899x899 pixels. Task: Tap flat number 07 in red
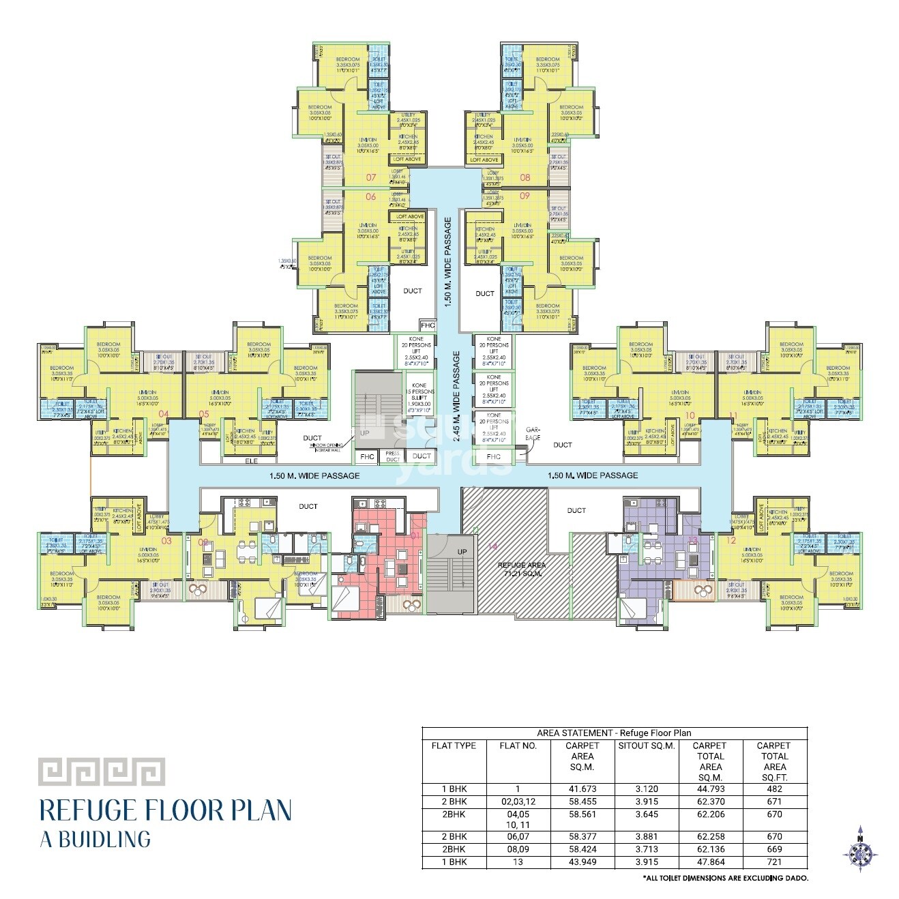click(x=371, y=177)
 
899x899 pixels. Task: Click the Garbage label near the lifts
click(x=533, y=434)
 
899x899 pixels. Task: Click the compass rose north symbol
click(x=860, y=849)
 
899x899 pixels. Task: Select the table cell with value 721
click(x=774, y=862)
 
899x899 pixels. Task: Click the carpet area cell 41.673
click(x=582, y=789)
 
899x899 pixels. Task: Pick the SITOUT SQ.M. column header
click(x=646, y=746)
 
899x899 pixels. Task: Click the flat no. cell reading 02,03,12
click(x=518, y=802)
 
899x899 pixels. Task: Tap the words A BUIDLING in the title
click(x=95, y=838)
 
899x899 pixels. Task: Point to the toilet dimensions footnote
click(x=725, y=878)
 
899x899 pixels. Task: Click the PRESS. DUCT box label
click(x=392, y=456)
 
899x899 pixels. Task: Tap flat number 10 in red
click(x=690, y=415)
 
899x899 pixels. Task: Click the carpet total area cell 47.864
click(x=710, y=862)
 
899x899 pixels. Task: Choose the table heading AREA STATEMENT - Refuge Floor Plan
click(x=614, y=733)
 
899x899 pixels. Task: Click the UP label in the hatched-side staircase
click(x=462, y=552)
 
